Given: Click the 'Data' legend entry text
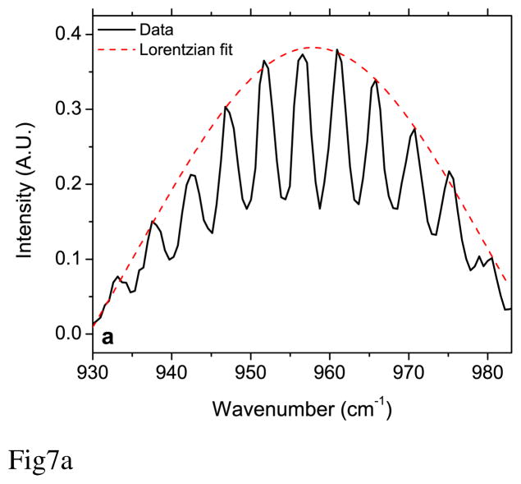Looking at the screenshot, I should click(x=156, y=30).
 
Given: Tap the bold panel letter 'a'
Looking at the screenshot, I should click(x=107, y=337).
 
